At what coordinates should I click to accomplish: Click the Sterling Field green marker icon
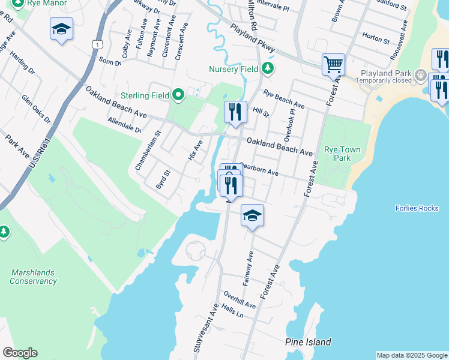tap(178, 95)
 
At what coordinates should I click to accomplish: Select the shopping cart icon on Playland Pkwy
tap(333, 64)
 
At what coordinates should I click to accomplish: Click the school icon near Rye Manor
tap(61, 29)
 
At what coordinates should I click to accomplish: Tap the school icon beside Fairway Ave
tap(253, 215)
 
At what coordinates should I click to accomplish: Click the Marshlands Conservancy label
tap(34, 277)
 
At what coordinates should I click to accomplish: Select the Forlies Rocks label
tap(417, 208)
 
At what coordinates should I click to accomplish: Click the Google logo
tap(20, 353)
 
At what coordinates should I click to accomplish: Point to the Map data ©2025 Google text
tap(411, 355)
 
